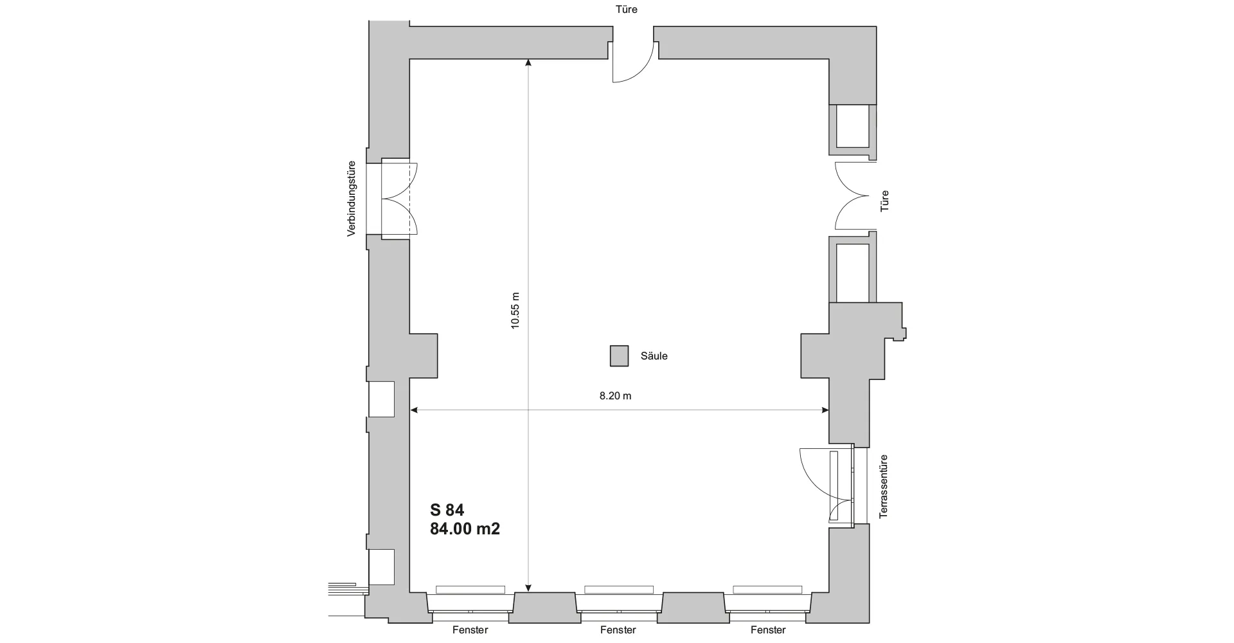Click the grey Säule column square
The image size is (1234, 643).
(619, 356)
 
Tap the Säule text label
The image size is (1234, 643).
(654, 356)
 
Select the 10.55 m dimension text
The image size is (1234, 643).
(515, 311)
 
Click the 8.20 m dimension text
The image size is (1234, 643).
(615, 396)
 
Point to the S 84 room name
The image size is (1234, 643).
(447, 510)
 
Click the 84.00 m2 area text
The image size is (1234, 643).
(465, 529)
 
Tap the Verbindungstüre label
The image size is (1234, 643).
(352, 198)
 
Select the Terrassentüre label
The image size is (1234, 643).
(884, 487)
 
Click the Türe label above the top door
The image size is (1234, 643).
(625, 10)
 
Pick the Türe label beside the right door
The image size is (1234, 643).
(885, 201)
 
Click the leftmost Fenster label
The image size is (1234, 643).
(470, 630)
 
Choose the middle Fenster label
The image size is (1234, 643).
(618, 630)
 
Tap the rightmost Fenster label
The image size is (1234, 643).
(767, 630)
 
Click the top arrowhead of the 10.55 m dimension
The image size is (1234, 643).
(528, 62)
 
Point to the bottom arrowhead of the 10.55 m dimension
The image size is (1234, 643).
(528, 587)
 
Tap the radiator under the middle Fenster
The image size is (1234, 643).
(619, 590)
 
